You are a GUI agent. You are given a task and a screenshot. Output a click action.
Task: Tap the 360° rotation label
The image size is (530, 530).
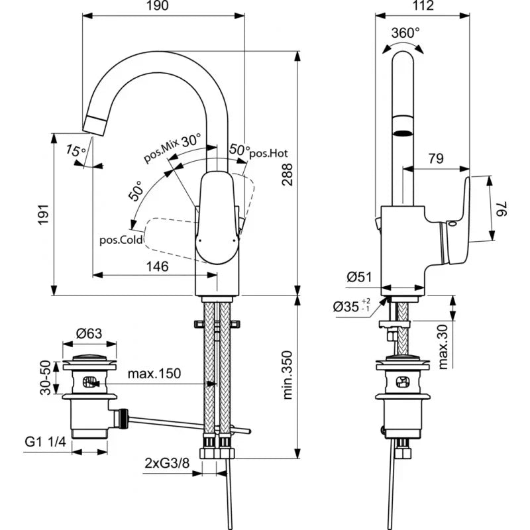coord(405,32)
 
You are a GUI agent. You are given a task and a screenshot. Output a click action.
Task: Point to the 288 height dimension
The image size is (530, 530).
coord(287,174)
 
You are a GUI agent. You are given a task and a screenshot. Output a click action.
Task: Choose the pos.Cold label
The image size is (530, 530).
coord(121,240)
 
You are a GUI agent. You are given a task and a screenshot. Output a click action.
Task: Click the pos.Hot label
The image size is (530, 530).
coord(268,153)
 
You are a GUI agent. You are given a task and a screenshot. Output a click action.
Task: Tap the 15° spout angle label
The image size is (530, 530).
coord(76,152)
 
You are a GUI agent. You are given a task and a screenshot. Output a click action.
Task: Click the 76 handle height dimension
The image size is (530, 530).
coord(504,209)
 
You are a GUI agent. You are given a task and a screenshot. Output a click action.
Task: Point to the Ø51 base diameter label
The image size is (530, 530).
coord(358,278)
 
